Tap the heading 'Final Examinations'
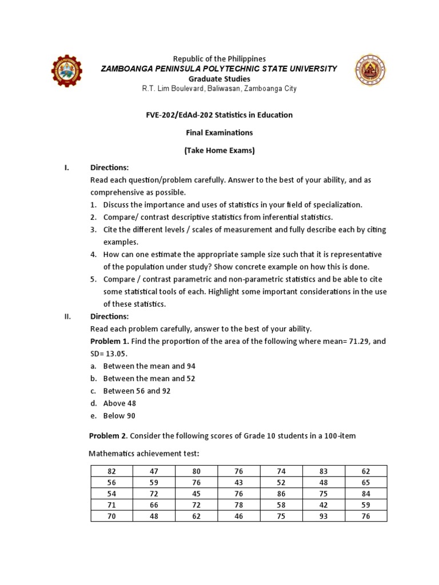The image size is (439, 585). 219,133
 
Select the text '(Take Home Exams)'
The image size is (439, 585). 219,151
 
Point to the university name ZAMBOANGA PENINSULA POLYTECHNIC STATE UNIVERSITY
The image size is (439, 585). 219,69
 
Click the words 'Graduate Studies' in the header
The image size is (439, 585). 219,79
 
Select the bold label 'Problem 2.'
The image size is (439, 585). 109,436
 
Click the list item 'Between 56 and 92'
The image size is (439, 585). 137,391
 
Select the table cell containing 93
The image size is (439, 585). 324,516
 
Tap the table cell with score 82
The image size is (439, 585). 111,471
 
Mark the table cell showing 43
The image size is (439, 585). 238,482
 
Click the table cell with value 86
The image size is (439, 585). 281,494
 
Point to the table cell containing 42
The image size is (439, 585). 324,505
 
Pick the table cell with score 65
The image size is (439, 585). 366,482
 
